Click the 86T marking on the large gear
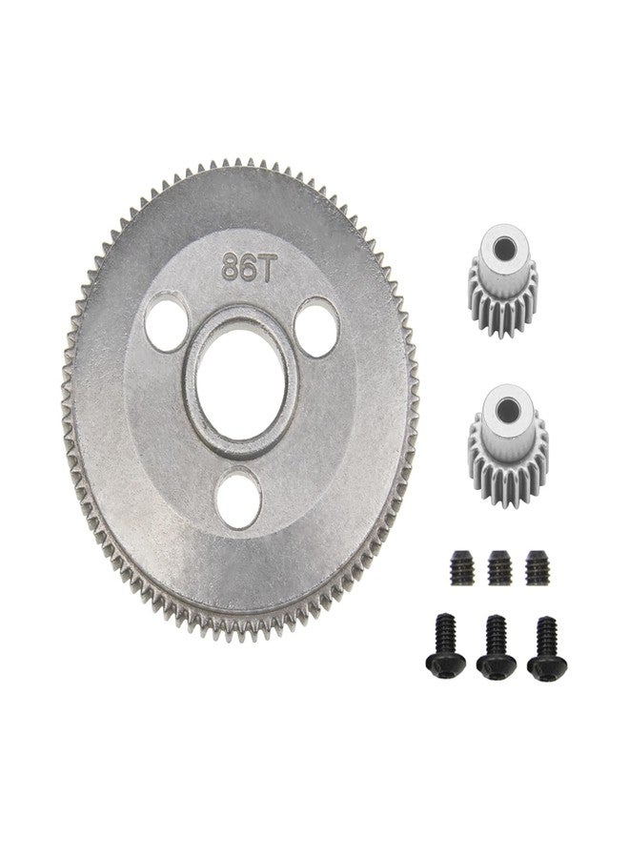pos(246,268)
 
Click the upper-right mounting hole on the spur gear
pos(316,327)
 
